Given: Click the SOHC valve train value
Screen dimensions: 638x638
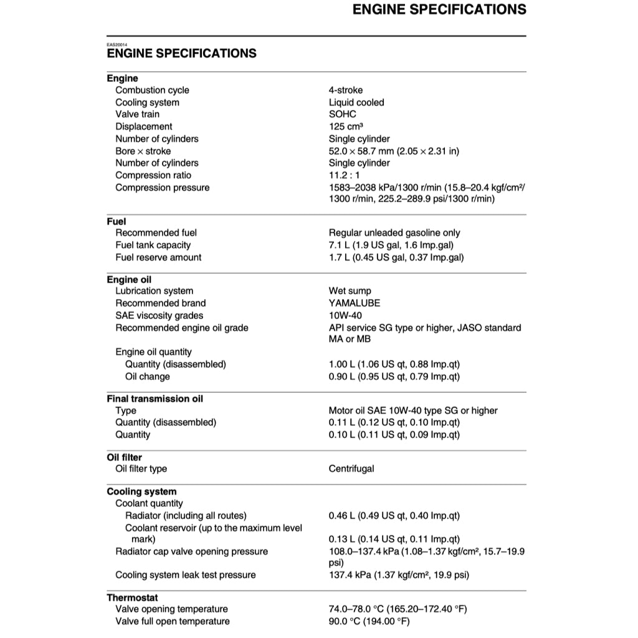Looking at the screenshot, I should pyautogui.click(x=343, y=115).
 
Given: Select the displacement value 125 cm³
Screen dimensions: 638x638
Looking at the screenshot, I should pyautogui.click(x=346, y=126).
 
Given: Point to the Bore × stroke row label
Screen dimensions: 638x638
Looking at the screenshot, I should pyautogui.click(x=143, y=151).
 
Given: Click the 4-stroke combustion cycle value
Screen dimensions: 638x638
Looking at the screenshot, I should pyautogui.click(x=346, y=90).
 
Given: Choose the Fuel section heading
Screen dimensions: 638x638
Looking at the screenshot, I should pyautogui.click(x=117, y=221).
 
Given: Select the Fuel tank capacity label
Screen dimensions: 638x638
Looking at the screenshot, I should pyautogui.click(x=153, y=245).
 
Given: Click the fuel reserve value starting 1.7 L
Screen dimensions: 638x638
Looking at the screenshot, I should pyautogui.click(x=396, y=257).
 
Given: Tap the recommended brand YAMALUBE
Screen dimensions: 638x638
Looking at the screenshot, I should pyautogui.click(x=355, y=303).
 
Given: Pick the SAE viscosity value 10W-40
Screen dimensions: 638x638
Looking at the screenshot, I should pyautogui.click(x=345, y=315).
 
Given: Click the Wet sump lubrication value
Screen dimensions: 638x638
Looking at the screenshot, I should pyautogui.click(x=350, y=291).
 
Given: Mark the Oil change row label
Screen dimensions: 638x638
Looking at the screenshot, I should pyautogui.click(x=147, y=376).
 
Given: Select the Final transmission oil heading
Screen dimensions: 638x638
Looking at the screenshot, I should pyautogui.click(x=155, y=399).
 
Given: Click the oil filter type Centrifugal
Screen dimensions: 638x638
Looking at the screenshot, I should pyautogui.click(x=351, y=469).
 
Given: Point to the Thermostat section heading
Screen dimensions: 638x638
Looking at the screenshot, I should pyautogui.click(x=132, y=598).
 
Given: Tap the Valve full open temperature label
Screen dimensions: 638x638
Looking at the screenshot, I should pyautogui.click(x=172, y=621).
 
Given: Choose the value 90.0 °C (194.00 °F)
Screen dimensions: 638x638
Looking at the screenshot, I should pyautogui.click(x=369, y=621).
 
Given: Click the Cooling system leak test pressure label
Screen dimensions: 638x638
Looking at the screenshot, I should pyautogui.click(x=185, y=575).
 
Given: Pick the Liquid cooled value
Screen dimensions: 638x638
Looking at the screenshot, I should pyautogui.click(x=356, y=102).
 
